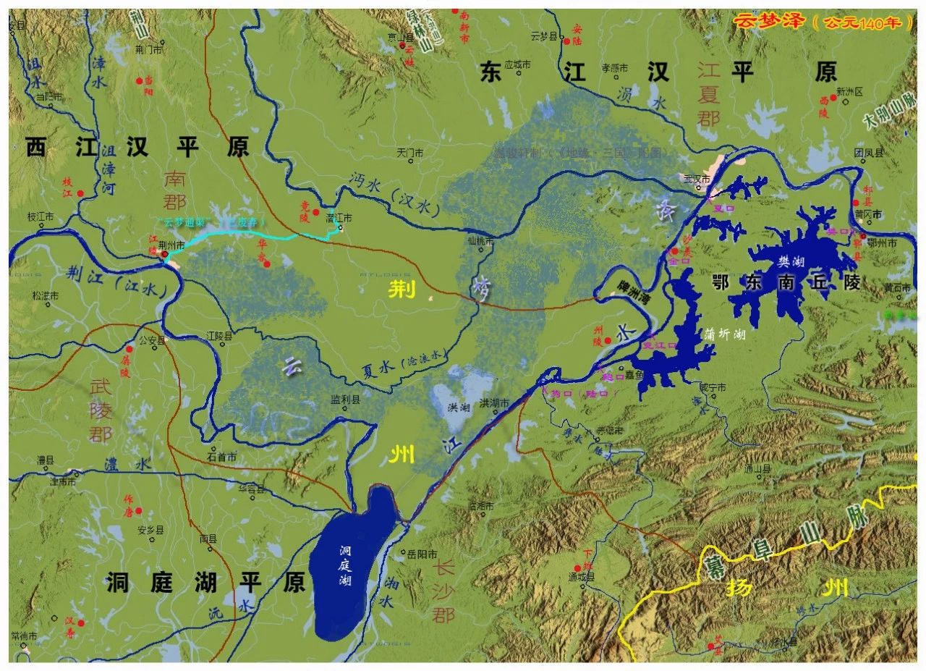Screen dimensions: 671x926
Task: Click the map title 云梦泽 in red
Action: click(767, 21)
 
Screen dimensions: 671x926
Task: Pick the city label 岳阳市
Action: click(420, 554)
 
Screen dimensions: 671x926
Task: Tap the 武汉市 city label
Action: click(699, 179)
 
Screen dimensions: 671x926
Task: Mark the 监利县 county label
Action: click(344, 399)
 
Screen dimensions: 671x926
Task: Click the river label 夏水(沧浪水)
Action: click(405, 364)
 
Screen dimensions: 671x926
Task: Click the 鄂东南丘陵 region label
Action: click(787, 282)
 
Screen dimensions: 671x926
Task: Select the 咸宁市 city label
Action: click(713, 387)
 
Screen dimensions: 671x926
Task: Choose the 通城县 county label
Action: click(581, 577)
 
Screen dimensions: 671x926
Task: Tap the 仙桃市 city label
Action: click(480, 240)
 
